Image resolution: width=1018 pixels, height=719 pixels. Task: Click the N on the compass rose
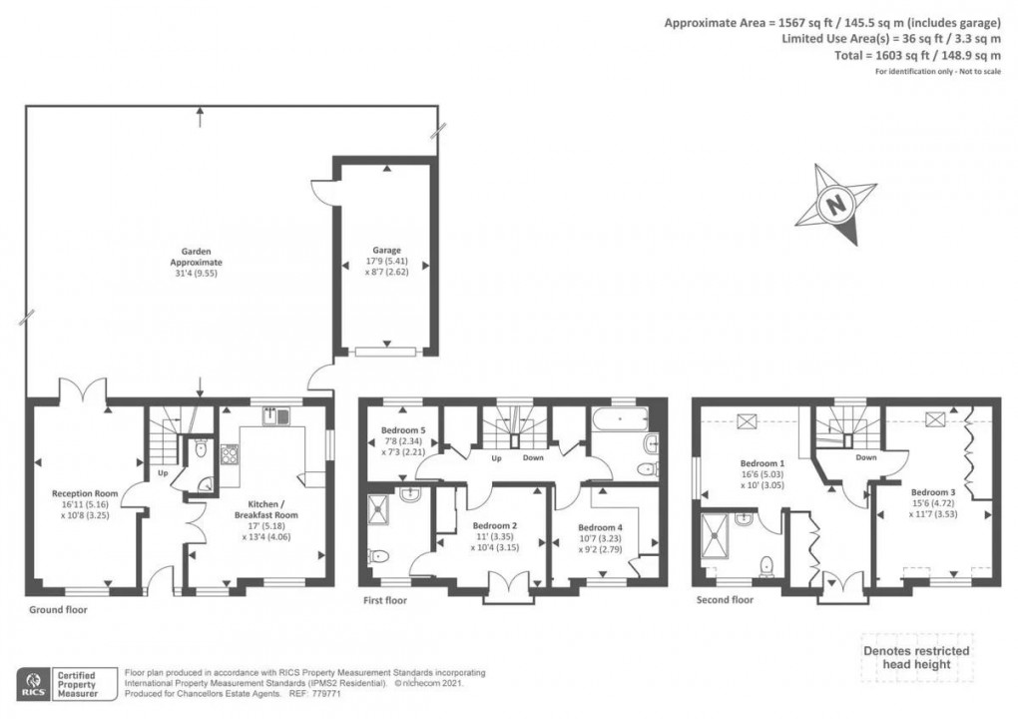[834, 206]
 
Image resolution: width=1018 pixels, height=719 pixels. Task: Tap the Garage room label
[387, 251]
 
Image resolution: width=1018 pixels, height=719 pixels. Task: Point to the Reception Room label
[86, 493]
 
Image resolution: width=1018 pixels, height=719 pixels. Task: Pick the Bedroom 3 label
[932, 492]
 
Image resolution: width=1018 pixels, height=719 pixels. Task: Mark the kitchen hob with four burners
[229, 454]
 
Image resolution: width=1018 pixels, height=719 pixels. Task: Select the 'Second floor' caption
[726, 600]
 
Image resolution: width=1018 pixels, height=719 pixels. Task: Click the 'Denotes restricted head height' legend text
[915, 658]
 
